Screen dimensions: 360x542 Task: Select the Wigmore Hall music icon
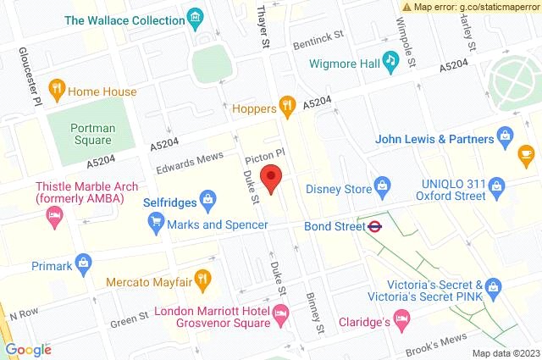390,59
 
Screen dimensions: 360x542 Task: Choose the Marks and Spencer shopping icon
155,224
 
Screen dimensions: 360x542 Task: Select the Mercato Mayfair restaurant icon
202,277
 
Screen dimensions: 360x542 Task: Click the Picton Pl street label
262,159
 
